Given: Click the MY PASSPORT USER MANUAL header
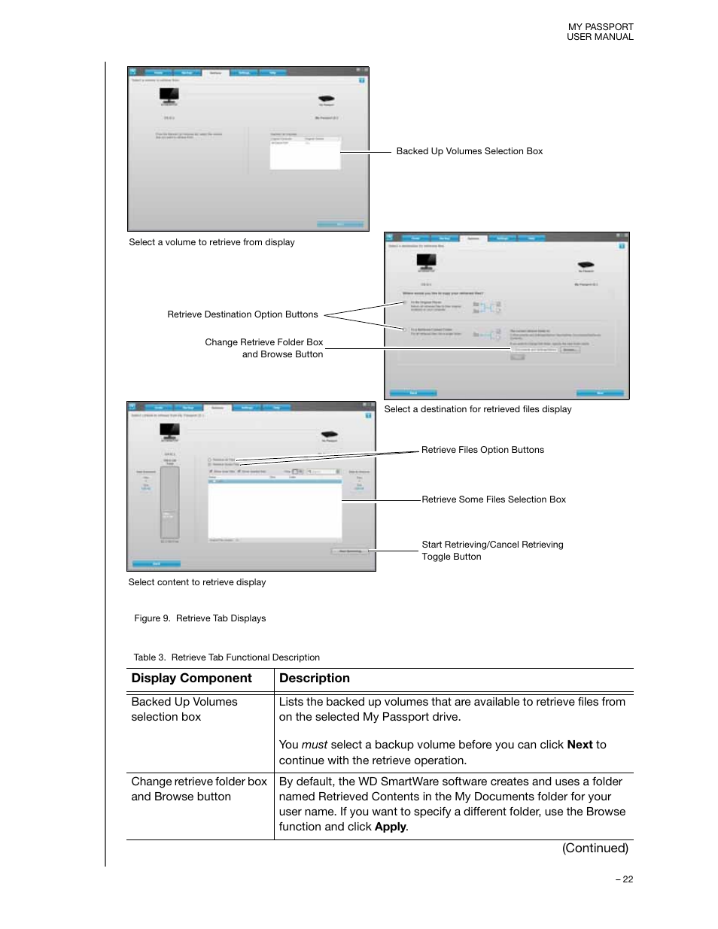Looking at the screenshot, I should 600,32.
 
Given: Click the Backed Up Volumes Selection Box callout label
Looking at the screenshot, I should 469,151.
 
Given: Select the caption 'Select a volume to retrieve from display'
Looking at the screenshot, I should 211,242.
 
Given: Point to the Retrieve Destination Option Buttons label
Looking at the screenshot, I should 242,314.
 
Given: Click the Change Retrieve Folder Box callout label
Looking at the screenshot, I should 263,348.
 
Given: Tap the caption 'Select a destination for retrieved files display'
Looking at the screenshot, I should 477,409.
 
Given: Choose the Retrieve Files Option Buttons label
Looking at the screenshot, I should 482,450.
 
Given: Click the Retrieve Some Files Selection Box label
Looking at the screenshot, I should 493,499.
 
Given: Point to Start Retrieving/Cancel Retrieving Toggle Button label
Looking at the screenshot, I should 492,551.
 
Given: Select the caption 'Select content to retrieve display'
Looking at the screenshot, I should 196,582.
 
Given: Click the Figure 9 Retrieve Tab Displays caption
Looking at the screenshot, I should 199,618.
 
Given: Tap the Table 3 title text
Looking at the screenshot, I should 227,657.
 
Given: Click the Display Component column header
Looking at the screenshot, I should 191,679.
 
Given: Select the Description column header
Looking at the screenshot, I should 314,679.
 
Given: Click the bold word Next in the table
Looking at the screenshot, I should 580,745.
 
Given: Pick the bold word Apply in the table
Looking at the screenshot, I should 390,827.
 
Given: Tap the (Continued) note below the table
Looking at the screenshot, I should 595,849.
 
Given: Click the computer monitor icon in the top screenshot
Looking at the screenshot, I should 169,96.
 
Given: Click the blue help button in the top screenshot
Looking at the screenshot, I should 362,80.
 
